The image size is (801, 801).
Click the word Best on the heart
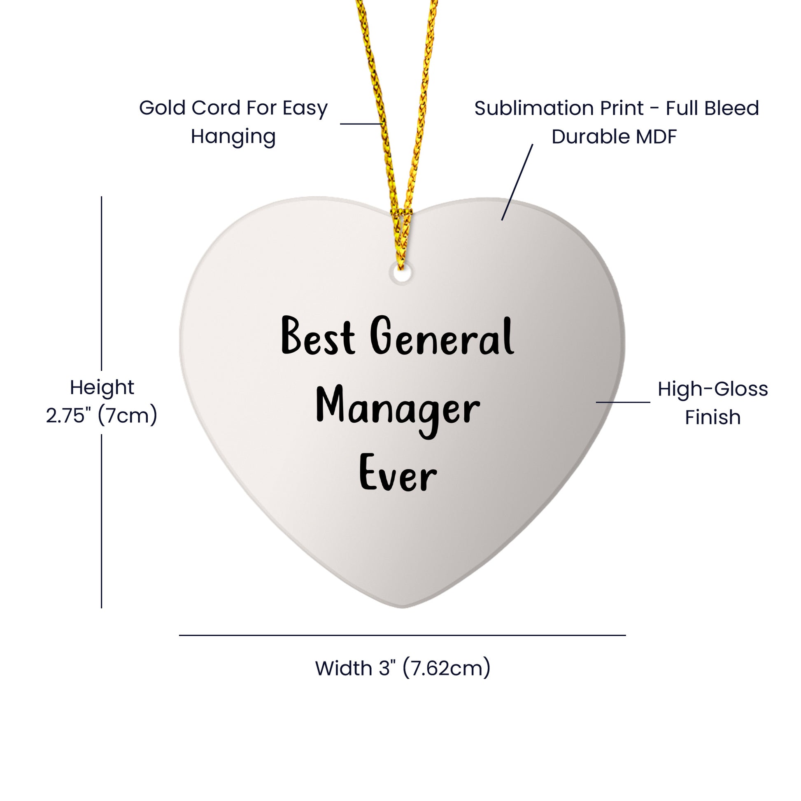(x=318, y=336)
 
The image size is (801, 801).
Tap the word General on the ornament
(x=442, y=336)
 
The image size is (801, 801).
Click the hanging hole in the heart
(x=401, y=274)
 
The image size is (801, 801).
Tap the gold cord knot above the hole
(x=401, y=216)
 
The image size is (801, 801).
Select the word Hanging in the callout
(x=233, y=137)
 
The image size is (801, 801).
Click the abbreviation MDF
(x=656, y=137)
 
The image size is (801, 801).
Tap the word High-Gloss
(x=713, y=389)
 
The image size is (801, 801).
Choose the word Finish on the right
(x=713, y=417)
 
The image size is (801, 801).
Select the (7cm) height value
(x=127, y=415)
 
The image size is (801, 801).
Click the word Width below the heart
(x=344, y=668)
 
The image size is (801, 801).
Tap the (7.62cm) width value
(x=447, y=668)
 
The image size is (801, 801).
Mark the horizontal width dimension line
(x=402, y=635)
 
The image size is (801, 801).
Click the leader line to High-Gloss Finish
(x=623, y=402)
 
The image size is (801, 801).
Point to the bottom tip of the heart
(x=402, y=607)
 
